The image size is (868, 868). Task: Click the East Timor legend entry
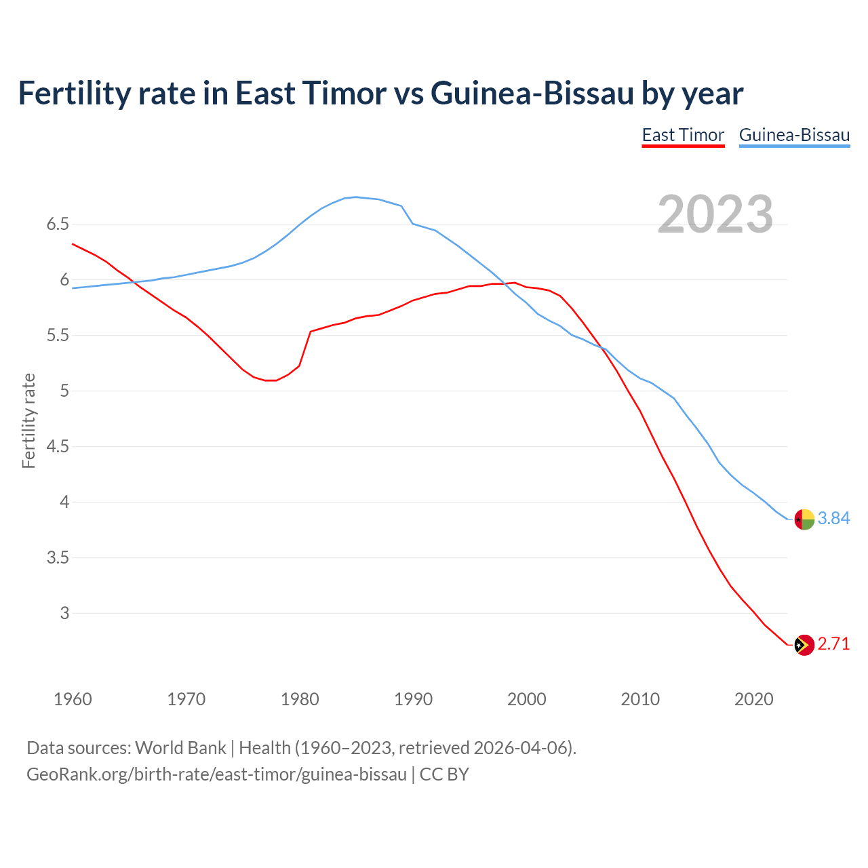[x=683, y=135]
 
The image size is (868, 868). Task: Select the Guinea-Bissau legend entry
[x=794, y=135]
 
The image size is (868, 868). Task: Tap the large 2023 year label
[x=715, y=214]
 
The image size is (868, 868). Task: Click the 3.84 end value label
[x=833, y=519]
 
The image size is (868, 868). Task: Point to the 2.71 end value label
[x=833, y=644]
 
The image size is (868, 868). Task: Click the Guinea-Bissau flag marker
[x=804, y=519]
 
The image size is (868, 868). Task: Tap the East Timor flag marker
[x=804, y=645]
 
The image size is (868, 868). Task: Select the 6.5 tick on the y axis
[x=58, y=224]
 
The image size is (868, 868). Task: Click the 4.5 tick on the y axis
[x=58, y=447]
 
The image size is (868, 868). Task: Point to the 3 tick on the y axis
[x=64, y=614]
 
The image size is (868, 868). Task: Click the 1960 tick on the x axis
[x=73, y=699]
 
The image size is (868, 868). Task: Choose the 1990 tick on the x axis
[x=413, y=699]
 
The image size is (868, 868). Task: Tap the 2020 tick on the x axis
[x=753, y=699]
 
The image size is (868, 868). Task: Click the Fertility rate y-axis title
[x=28, y=420]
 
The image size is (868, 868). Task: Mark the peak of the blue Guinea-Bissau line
[x=356, y=197]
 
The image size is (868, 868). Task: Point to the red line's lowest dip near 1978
[x=271, y=380]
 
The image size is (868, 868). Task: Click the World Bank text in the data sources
[x=180, y=748]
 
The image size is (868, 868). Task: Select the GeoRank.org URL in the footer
[x=216, y=774]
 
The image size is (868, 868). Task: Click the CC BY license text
[x=444, y=774]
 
